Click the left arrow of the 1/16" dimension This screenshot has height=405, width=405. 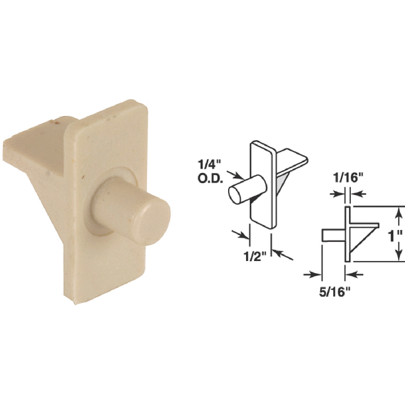pos(336,195)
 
